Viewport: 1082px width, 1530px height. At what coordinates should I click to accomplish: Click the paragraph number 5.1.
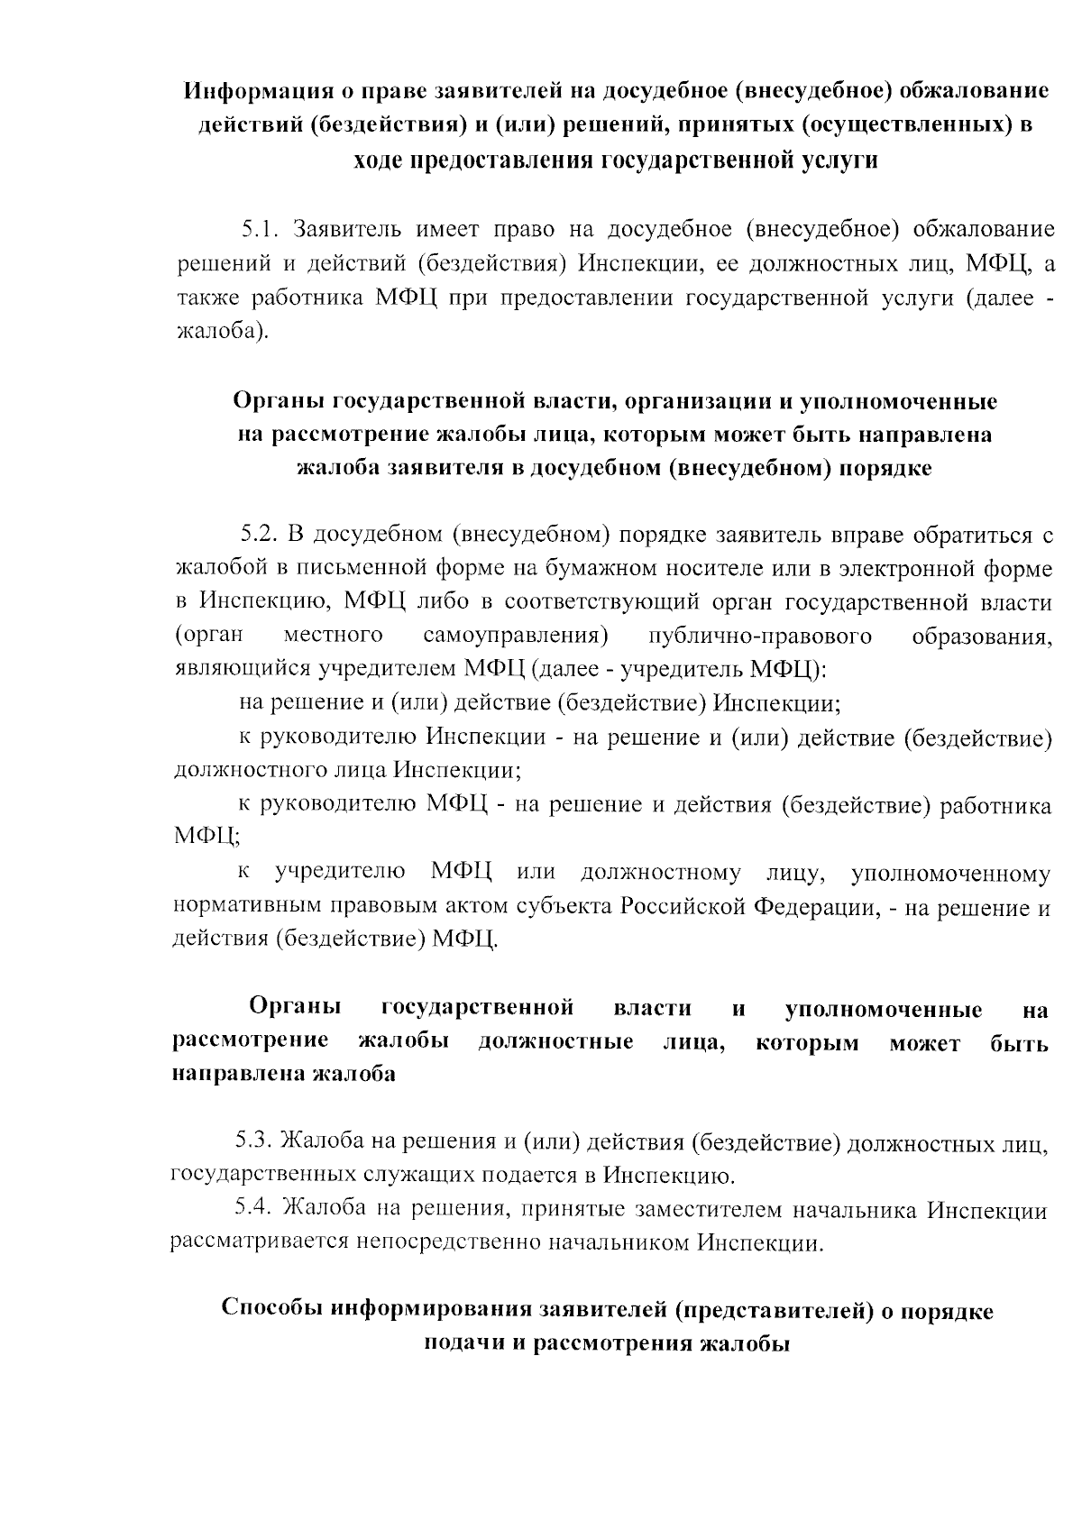click(x=259, y=229)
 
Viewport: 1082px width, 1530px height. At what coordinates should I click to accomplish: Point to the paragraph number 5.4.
click(x=253, y=1208)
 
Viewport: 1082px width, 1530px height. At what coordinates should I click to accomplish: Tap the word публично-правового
click(x=760, y=637)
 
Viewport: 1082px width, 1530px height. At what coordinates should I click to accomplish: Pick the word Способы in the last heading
click(x=270, y=1310)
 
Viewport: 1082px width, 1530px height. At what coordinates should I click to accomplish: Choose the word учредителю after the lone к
click(x=340, y=874)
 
